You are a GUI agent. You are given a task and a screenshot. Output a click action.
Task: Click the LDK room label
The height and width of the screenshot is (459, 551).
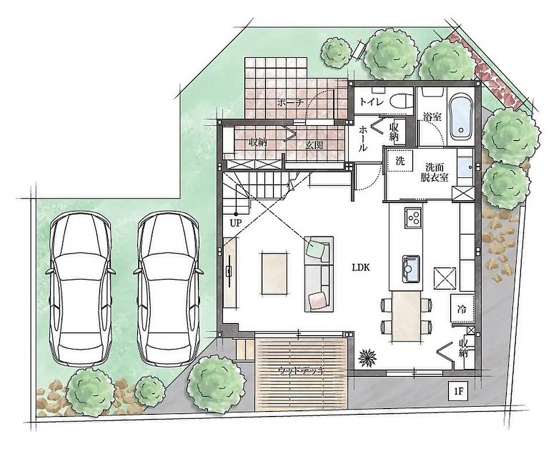click(x=361, y=268)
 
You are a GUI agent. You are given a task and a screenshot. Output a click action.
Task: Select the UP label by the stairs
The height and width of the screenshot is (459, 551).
click(x=236, y=223)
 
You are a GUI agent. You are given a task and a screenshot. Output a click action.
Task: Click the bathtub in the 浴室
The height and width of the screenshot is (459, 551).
click(x=460, y=117)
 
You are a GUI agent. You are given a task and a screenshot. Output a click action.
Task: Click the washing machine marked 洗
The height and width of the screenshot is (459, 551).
click(x=400, y=161)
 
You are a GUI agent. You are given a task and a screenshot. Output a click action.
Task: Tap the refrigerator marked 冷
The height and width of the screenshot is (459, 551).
click(x=462, y=309)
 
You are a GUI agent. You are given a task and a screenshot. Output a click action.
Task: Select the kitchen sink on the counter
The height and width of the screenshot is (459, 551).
click(x=411, y=269)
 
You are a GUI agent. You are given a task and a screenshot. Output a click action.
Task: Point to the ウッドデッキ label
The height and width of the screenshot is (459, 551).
click(x=301, y=371)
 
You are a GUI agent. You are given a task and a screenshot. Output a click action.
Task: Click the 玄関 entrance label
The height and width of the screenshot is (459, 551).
click(x=314, y=145)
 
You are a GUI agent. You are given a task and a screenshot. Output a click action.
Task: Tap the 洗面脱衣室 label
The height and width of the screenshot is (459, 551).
click(x=435, y=172)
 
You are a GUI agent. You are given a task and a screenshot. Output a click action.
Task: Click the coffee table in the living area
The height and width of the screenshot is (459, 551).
click(x=275, y=273)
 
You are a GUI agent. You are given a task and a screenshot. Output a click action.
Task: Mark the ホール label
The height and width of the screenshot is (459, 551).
click(x=362, y=139)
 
